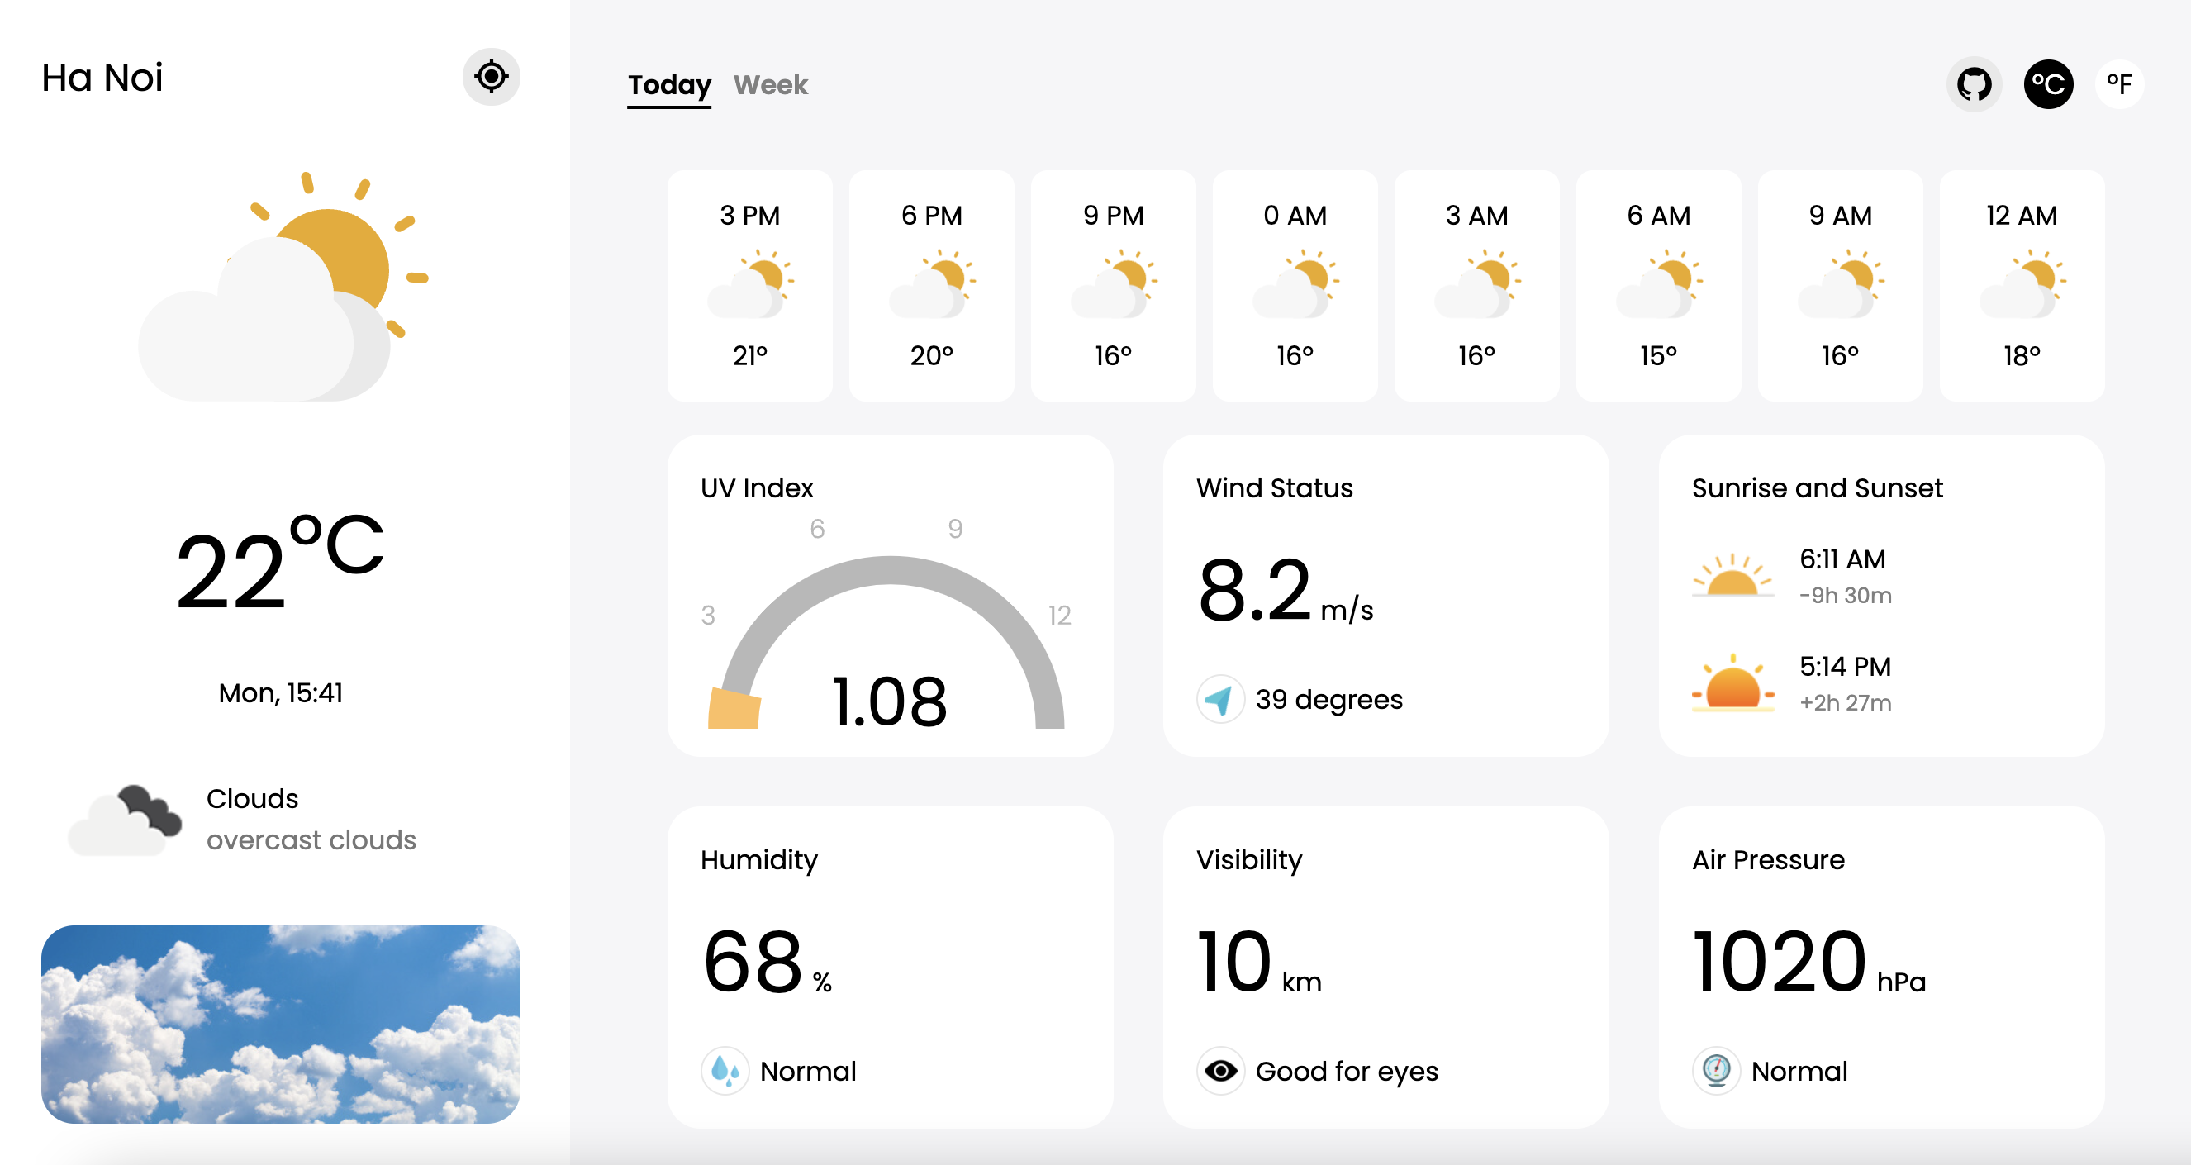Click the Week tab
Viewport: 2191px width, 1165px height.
pos(770,85)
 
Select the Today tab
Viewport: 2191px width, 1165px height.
pos(668,85)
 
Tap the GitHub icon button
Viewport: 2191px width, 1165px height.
pos(1973,84)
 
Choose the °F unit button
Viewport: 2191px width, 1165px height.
pos(2118,84)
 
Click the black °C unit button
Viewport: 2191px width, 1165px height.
pos(2047,84)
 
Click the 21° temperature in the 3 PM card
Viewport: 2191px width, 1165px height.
pos(749,355)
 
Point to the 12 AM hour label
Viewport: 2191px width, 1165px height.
pos(2021,215)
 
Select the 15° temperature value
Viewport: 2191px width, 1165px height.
pos(1659,355)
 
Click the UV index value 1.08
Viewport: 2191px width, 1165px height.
pos(888,701)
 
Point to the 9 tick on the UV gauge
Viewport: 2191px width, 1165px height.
pos(955,529)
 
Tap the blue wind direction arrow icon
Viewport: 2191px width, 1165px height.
pos(1219,699)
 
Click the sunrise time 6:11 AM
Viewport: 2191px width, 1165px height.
pos(1842,559)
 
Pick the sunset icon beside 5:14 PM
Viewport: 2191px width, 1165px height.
pos(1732,682)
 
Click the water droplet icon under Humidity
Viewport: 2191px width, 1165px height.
pos(725,1071)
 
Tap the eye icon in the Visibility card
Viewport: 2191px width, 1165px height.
pos(1220,1071)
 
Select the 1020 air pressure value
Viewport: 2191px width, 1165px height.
pos(1780,962)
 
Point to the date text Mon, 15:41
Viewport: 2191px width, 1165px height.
pos(280,693)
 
